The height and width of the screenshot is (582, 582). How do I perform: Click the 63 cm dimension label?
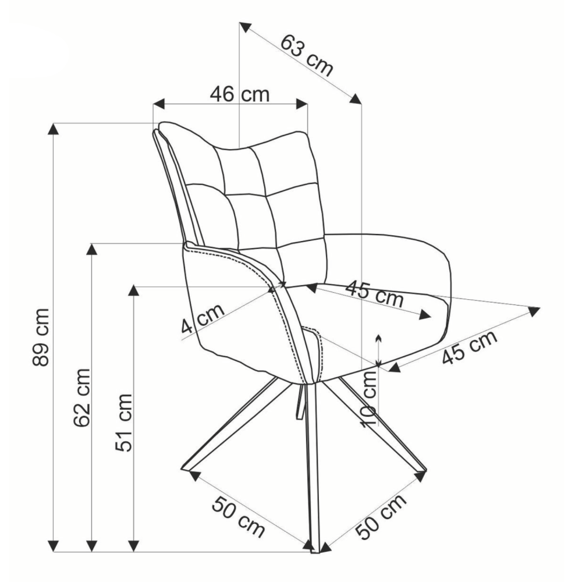307,55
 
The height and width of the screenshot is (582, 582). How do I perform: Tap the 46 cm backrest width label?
239,94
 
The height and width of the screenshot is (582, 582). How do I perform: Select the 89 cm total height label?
41,337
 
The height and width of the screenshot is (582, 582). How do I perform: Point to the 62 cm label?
82,398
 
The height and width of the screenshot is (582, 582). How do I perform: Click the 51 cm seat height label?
123,423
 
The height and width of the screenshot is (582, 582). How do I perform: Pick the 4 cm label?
203,318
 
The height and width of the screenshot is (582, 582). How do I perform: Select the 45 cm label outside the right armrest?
469,347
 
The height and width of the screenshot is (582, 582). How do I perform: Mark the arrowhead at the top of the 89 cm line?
54,129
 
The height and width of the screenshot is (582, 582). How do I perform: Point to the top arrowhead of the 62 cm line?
92,250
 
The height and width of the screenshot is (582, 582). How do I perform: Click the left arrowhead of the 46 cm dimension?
158,104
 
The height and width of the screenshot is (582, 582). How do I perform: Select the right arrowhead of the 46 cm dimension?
302,104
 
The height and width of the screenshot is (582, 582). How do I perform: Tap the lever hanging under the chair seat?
302,402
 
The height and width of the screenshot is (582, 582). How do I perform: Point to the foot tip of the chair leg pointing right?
424,471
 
